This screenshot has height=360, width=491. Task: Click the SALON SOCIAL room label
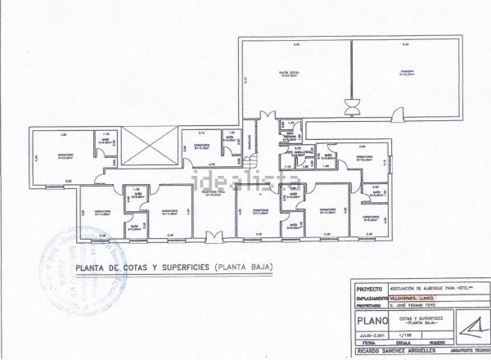[x=286, y=73]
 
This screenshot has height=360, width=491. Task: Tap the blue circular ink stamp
[x=83, y=263]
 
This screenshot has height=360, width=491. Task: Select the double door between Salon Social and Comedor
[x=352, y=107]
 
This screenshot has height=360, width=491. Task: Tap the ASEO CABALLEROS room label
[x=291, y=152]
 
